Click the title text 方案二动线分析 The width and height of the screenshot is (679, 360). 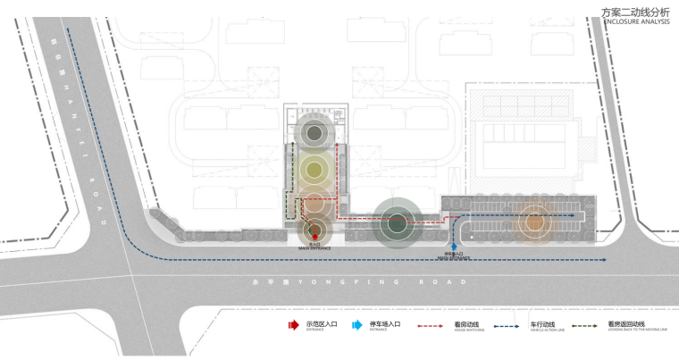635,12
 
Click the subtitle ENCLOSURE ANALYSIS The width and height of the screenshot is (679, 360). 635,22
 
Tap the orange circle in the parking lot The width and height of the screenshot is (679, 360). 534,222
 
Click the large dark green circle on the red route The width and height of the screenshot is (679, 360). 396,222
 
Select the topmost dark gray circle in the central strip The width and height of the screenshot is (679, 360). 314,134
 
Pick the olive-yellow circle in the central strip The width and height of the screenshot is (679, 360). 314,168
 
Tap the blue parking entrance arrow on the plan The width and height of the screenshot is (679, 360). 455,244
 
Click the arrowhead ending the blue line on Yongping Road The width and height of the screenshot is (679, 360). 605,260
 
